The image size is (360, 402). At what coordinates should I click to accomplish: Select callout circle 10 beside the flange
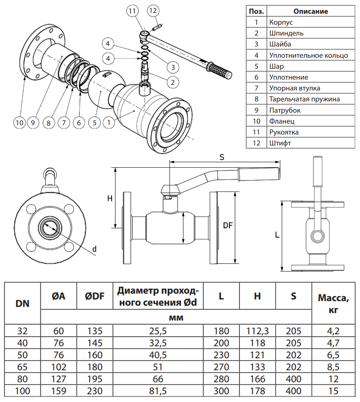coord(19,122)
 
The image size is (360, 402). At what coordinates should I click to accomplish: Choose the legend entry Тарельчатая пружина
coord(304,99)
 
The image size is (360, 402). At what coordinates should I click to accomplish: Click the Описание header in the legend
coord(311,11)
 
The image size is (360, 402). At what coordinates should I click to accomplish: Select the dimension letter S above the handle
coord(222,158)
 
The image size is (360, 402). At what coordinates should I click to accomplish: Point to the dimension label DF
coord(228,226)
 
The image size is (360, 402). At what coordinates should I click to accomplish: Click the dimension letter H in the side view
coord(110,198)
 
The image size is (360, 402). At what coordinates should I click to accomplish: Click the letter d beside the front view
coord(94,249)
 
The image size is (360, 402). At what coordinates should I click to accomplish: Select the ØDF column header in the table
coord(95,296)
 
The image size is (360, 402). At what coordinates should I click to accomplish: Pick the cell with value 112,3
coord(258,331)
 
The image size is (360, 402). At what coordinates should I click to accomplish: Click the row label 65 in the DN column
coord(23,368)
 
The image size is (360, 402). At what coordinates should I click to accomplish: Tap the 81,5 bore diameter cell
coord(158,391)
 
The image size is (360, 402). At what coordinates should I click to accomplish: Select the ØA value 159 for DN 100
coord(59,391)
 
